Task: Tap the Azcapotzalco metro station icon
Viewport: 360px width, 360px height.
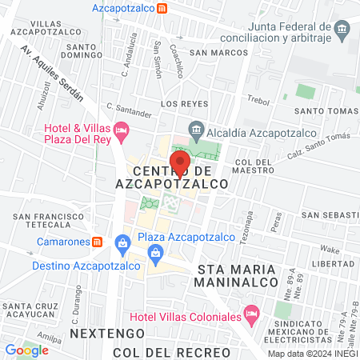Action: (162, 7)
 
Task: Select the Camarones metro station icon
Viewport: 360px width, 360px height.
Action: (97, 241)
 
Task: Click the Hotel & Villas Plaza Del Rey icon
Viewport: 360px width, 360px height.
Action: (121, 128)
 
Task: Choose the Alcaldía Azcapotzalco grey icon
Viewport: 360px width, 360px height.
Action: (195, 129)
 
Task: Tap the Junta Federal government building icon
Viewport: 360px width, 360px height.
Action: (342, 31)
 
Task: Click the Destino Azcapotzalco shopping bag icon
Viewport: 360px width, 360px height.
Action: (120, 242)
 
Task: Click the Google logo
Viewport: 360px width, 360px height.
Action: (26, 350)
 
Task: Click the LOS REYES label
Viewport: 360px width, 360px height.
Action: (184, 104)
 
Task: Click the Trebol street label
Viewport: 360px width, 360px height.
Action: (258, 100)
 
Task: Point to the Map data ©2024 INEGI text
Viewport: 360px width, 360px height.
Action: (312, 354)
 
